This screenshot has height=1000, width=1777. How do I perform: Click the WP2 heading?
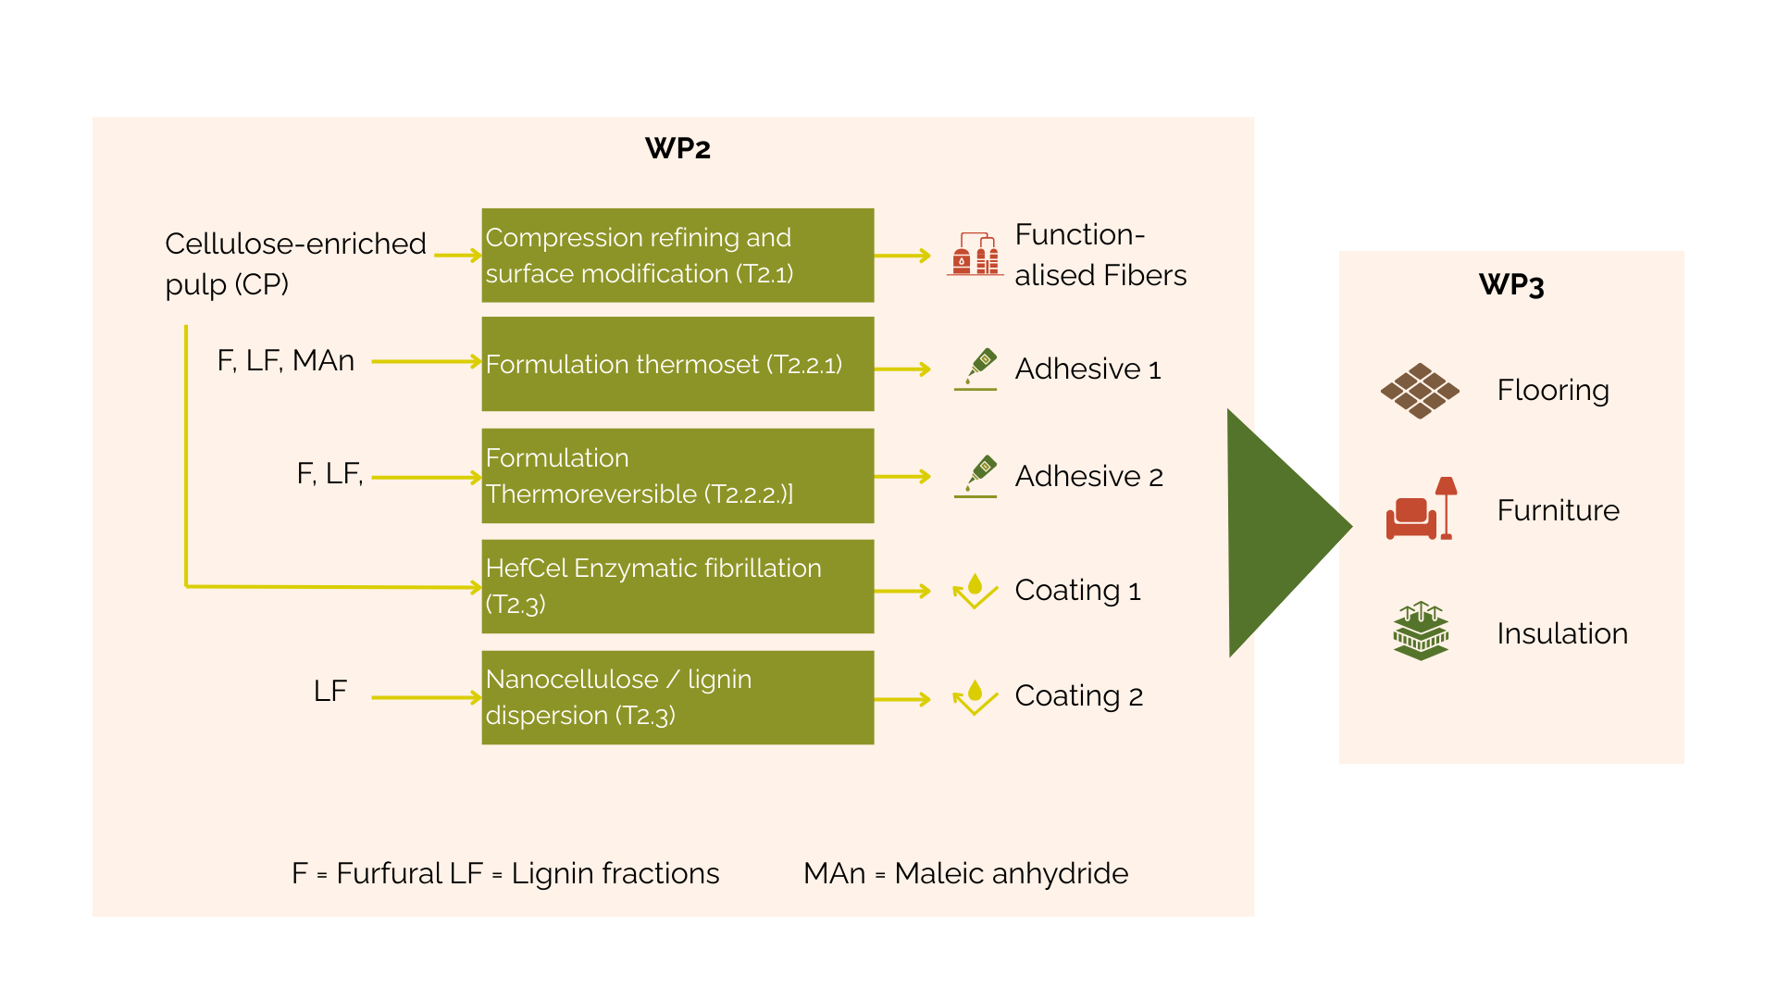(677, 149)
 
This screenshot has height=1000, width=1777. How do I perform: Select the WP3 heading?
(1511, 285)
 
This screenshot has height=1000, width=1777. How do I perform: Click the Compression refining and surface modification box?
(677, 256)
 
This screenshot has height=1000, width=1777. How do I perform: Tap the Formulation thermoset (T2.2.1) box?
(677, 364)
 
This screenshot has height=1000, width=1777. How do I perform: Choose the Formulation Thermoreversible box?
(677, 476)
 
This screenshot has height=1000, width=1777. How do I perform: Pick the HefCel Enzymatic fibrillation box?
(677, 586)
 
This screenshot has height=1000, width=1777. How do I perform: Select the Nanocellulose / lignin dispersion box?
(677, 697)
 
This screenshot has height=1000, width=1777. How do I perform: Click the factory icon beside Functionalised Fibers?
(975, 255)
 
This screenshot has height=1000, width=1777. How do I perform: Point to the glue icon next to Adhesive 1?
(976, 369)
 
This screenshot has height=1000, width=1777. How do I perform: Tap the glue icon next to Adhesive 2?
(976, 476)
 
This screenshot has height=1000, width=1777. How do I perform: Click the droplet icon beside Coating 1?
(975, 591)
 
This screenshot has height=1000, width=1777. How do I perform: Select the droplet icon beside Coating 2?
(975, 697)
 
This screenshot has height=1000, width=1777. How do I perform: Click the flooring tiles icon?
(1420, 391)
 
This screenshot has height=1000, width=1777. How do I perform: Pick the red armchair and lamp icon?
(1421, 509)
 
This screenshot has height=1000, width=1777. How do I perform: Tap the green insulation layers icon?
(1421, 631)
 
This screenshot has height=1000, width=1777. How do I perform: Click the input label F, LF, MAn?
(285, 360)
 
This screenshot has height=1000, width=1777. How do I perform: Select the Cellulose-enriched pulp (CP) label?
(294, 263)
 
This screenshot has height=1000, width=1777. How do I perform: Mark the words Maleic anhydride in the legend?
(1011, 873)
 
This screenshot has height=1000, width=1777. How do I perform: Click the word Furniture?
(1558, 510)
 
